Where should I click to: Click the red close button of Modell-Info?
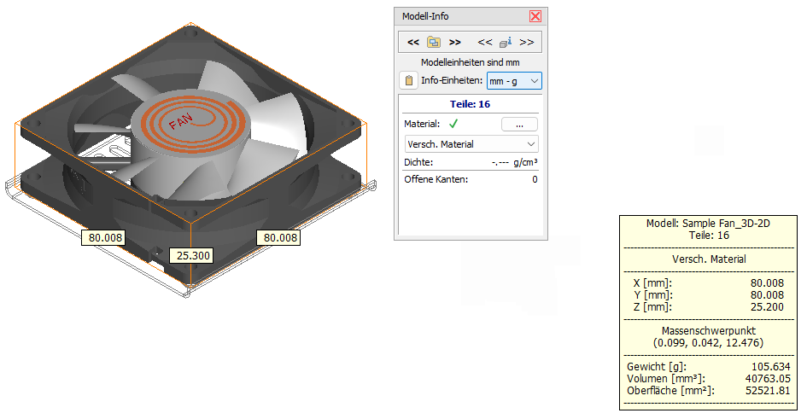(535, 16)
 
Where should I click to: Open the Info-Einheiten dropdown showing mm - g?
(514, 81)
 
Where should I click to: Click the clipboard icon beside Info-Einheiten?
(409, 81)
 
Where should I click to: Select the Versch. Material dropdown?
(471, 144)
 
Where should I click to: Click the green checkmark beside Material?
(453, 124)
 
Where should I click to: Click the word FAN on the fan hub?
(181, 122)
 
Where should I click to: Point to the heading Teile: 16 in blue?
(470, 104)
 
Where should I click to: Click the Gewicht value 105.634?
(770, 367)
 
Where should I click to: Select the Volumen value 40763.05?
(768, 378)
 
